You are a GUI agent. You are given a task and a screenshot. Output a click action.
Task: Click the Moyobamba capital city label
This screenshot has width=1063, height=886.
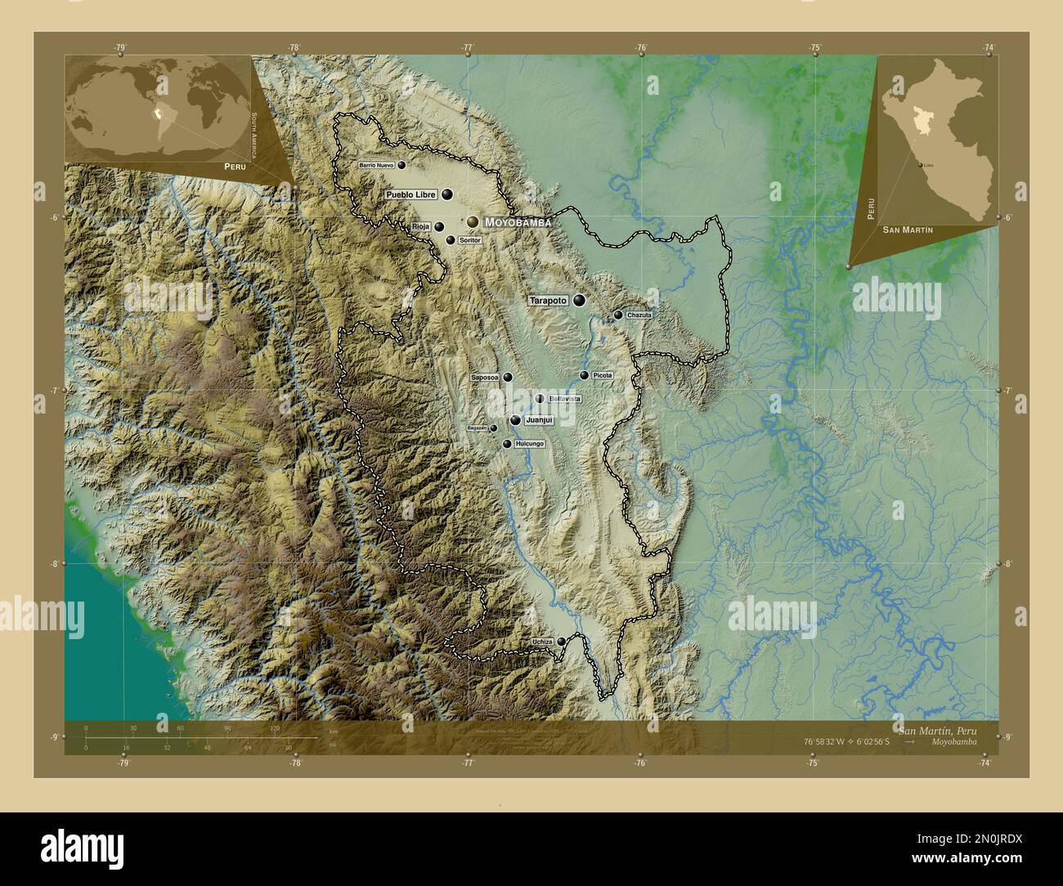(517, 222)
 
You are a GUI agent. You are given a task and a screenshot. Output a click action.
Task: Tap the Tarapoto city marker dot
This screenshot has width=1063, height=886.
(579, 301)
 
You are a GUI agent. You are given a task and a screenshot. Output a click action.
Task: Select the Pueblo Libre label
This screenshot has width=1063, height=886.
(411, 195)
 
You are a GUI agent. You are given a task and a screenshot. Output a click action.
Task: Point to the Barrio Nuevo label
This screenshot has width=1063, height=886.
(376, 165)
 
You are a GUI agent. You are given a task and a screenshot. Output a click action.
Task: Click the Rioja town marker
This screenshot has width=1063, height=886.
(439, 227)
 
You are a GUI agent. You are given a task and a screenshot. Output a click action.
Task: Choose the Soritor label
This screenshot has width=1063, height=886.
(469, 240)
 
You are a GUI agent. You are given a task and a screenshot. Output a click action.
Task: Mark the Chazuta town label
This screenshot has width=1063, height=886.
(639, 315)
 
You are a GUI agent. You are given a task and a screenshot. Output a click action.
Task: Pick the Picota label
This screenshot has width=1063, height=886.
(603, 375)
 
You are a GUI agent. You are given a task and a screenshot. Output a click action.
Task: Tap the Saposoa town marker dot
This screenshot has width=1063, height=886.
(508, 378)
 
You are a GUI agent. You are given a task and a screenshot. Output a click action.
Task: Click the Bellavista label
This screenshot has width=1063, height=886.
(565, 399)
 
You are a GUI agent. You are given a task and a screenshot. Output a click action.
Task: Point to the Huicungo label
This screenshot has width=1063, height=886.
(530, 444)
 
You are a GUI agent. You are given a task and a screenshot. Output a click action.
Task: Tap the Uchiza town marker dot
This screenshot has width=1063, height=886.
(560, 641)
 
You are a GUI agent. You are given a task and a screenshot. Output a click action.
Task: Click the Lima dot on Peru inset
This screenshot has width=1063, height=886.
(922, 166)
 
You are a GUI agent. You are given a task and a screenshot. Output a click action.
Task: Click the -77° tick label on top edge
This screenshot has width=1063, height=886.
(467, 47)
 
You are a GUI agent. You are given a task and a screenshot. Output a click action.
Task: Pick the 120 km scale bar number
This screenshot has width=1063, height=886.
(275, 727)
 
